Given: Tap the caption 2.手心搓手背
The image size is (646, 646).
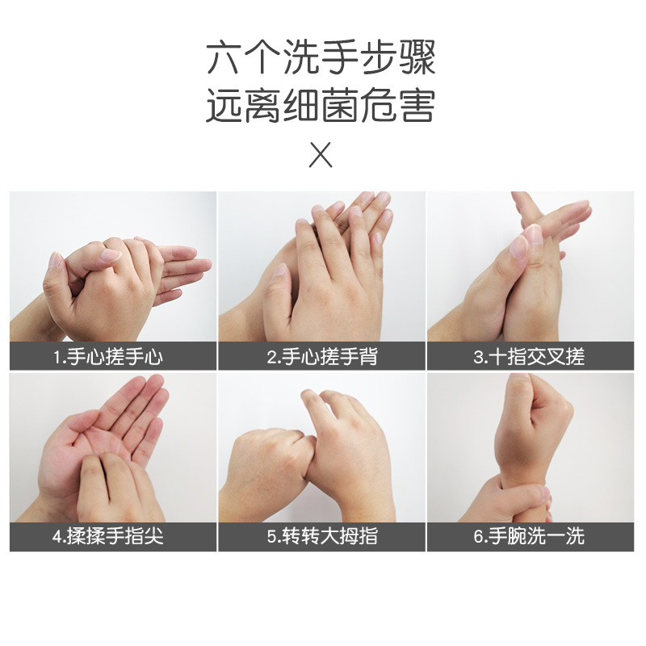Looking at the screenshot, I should [321, 356].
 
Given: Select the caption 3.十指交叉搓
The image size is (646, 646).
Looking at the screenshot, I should [530, 356].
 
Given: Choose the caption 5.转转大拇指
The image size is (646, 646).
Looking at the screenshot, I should [321, 536].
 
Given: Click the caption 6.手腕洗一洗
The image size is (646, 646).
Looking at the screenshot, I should [530, 536].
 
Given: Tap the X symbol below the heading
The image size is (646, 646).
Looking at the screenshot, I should [321, 154].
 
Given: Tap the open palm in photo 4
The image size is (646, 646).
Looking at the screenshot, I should [89, 440].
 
